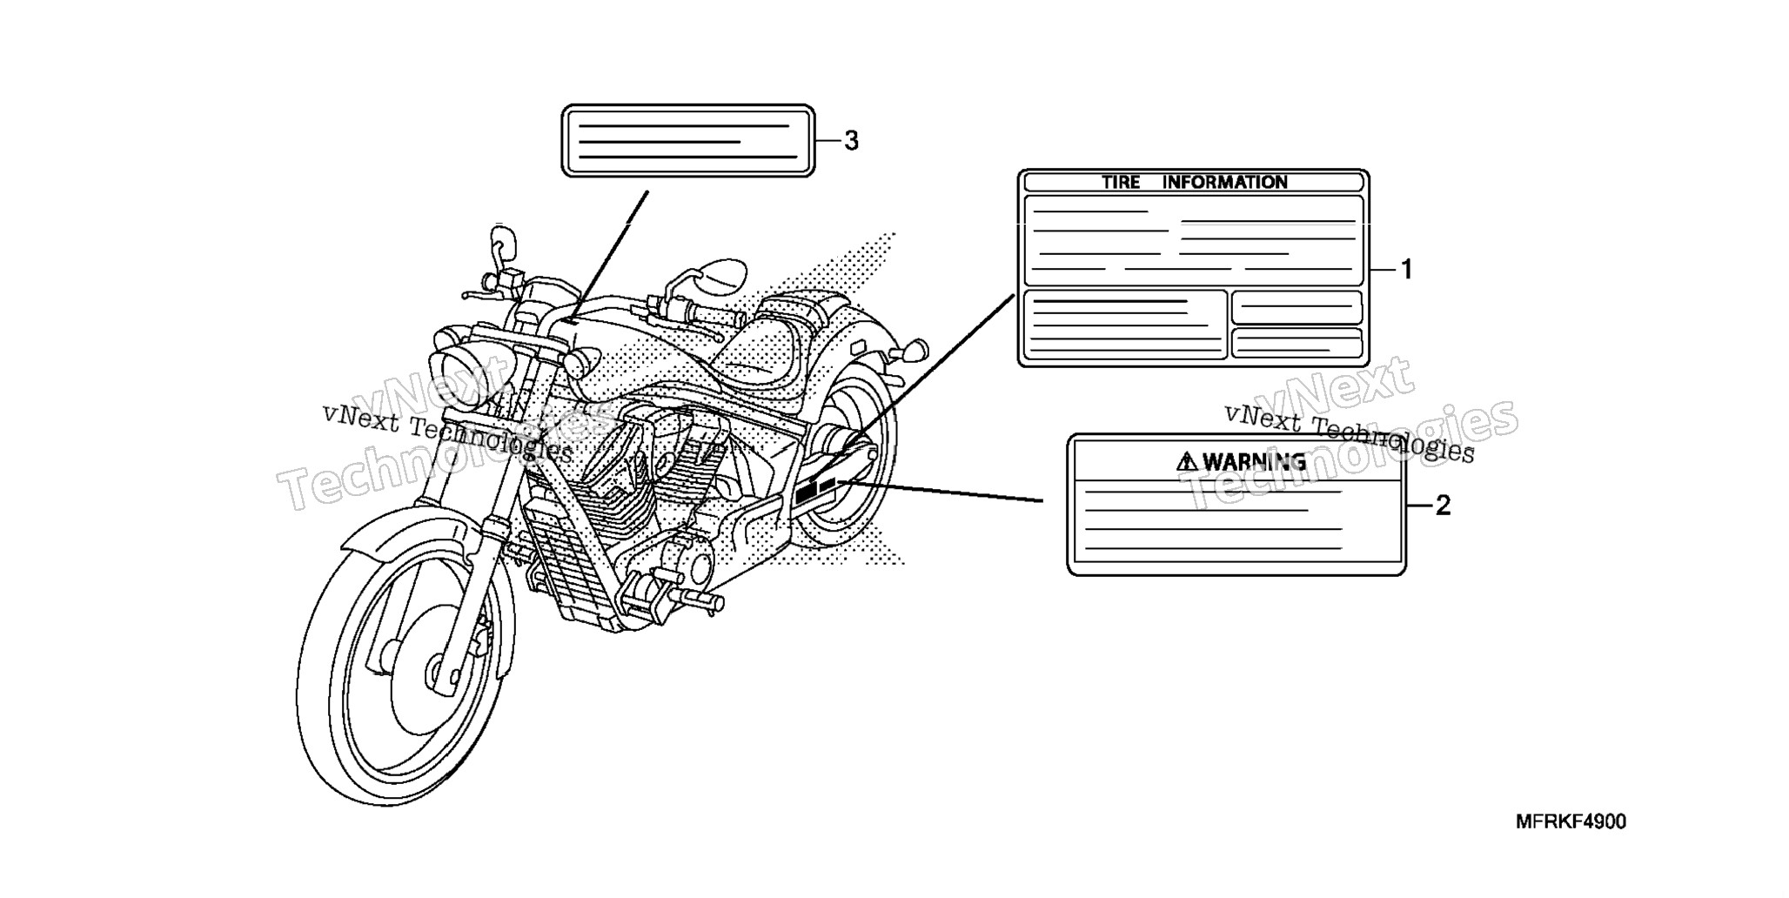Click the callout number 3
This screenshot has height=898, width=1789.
851,140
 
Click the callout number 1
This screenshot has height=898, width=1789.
1406,270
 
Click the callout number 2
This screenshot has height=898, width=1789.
1443,505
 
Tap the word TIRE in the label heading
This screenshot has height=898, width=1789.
1121,182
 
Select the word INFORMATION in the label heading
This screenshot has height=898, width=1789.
1225,182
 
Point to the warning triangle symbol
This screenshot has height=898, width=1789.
1187,461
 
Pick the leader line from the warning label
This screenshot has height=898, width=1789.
940,491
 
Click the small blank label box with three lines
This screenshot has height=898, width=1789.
688,141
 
